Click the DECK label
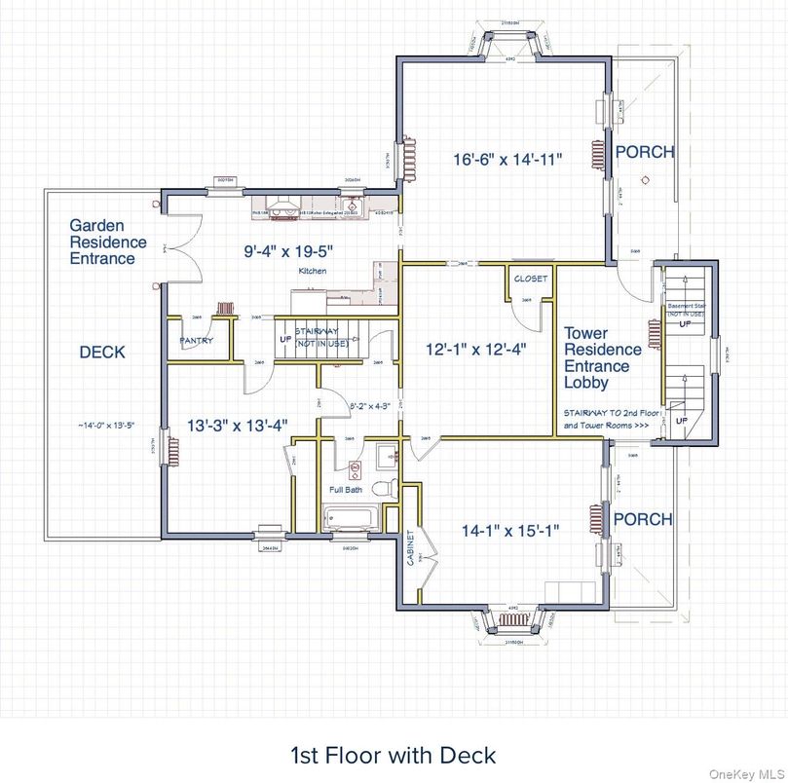[102, 352]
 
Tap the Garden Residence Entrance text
[108, 242]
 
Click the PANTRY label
[197, 342]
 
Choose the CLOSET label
[531, 280]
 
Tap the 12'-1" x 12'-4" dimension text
[476, 348]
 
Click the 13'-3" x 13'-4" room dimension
[238, 425]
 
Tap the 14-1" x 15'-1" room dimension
[510, 531]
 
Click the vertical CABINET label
[410, 550]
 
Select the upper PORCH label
[643, 153]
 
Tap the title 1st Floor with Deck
[393, 755]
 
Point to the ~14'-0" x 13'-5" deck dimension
[101, 425]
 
